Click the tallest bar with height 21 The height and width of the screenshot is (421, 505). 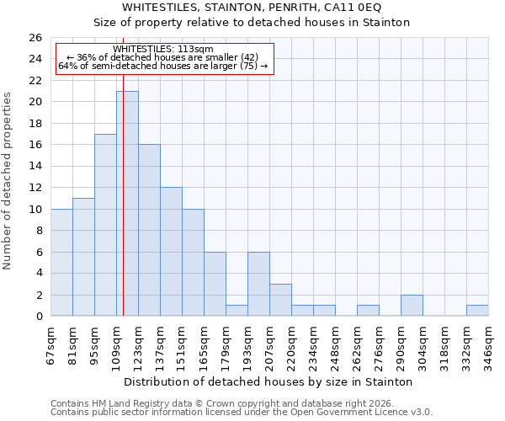tap(127, 204)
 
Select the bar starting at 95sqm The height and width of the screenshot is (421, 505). tap(105, 225)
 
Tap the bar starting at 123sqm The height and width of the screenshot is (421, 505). tap(149, 230)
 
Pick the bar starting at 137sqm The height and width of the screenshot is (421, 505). tap(171, 252)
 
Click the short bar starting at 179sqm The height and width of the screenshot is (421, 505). tap(237, 311)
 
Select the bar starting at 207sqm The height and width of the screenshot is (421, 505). tap(280, 300)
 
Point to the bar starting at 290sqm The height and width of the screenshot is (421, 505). tap(412, 306)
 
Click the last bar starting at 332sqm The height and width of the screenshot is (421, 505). tap(477, 311)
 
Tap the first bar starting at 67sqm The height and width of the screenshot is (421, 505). tap(61, 263)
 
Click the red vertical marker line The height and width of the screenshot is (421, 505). tap(123, 168)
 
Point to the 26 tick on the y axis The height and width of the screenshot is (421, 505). tap(35, 38)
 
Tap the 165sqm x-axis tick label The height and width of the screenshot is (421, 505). tap(204, 347)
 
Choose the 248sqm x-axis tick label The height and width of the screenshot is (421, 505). tap(335, 347)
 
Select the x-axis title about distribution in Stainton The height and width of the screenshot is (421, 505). tap(268, 381)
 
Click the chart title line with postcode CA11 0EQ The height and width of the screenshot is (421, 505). tap(252, 7)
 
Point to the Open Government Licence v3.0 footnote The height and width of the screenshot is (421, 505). tap(241, 412)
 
